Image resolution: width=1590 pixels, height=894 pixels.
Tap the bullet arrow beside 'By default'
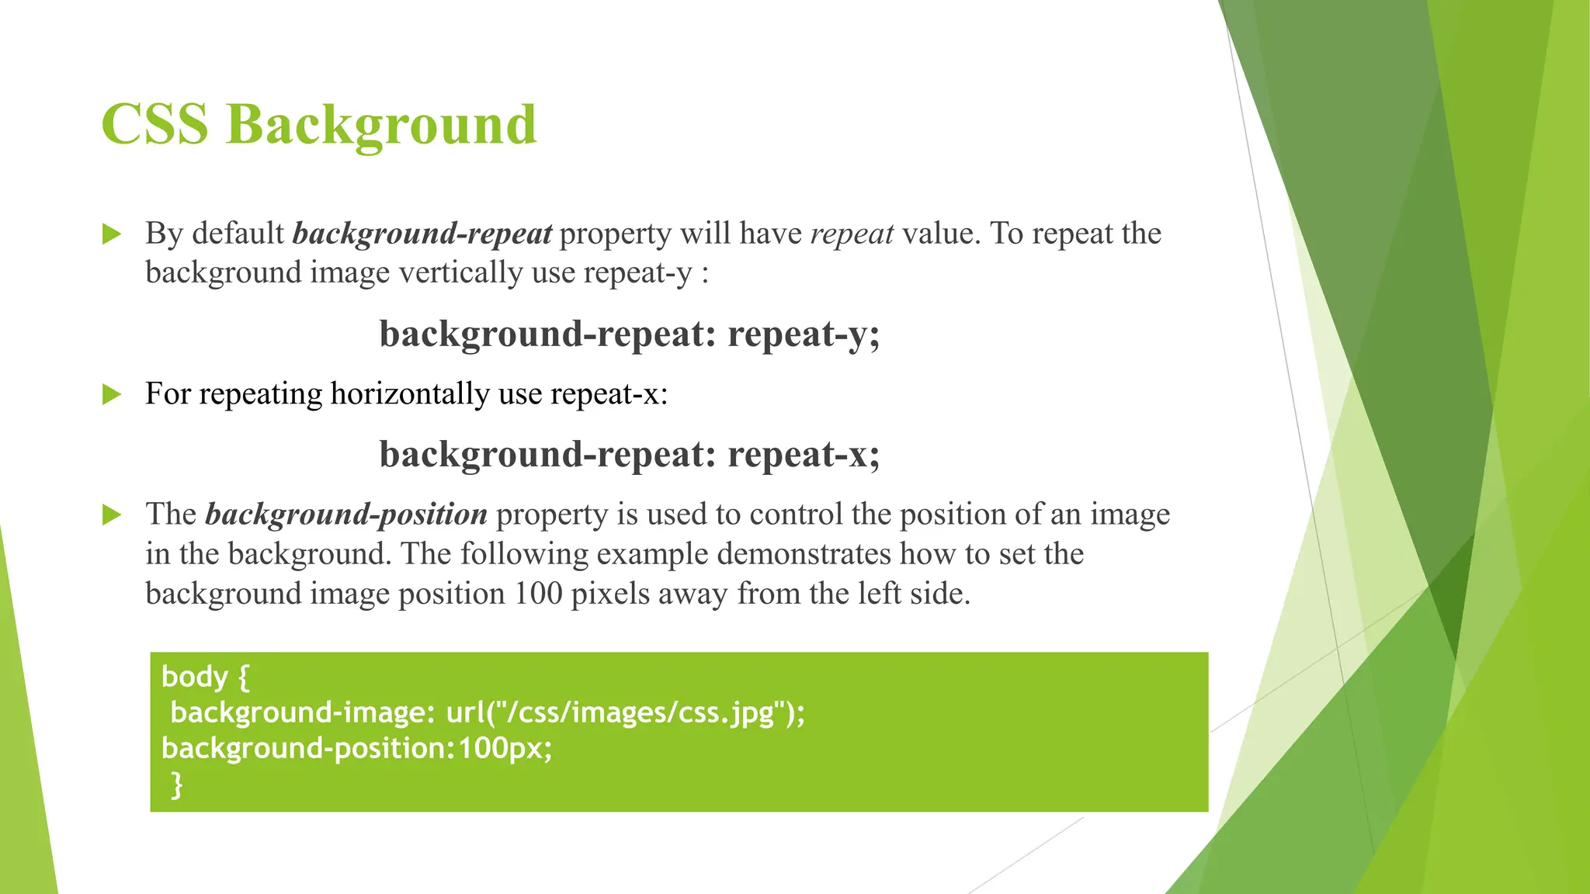coord(112,234)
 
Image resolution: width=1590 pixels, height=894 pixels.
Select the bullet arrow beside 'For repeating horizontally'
coord(112,394)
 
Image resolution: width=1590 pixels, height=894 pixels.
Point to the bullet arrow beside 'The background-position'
coord(112,515)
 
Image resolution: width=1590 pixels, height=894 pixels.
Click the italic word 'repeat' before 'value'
coord(852,234)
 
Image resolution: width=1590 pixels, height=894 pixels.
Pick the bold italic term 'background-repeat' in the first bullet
coord(422,234)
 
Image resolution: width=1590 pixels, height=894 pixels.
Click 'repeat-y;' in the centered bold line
coord(804,334)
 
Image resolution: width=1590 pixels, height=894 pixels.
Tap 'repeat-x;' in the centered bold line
coord(804,455)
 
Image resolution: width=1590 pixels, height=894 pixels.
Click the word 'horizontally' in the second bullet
coord(410,394)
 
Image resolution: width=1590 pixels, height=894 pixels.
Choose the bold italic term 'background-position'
coord(346,515)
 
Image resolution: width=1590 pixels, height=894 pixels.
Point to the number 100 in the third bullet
coord(538,594)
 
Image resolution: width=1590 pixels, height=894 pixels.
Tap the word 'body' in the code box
coord(194,677)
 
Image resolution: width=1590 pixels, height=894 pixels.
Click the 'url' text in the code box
coord(464,712)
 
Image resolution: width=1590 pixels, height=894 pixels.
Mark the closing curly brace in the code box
coord(177,785)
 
